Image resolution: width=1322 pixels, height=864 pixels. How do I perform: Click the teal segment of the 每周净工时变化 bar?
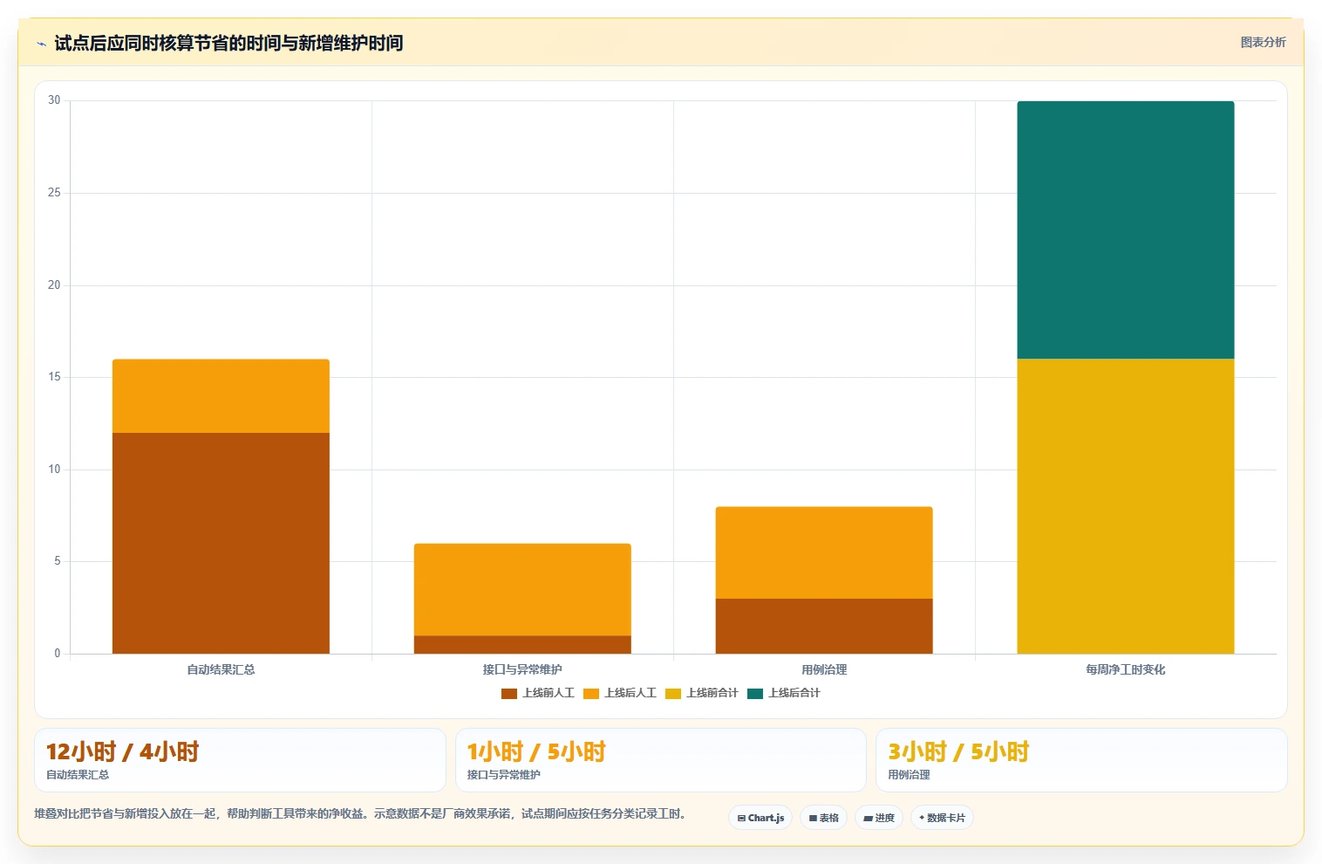1126,230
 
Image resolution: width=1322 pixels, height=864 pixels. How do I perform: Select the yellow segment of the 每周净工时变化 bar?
1126,506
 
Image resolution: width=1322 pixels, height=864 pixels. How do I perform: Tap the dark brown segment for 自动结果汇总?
221,544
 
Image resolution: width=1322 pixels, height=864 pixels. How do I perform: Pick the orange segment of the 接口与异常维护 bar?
522,589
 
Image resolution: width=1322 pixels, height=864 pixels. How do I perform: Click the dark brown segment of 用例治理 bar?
824,626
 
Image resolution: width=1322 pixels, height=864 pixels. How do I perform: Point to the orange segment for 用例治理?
824,552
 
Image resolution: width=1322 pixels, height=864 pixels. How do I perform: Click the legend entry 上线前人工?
538,693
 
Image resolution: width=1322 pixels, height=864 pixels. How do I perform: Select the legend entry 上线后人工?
620,693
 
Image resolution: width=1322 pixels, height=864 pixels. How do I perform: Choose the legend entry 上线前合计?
702,693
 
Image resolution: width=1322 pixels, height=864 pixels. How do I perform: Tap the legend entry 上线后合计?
784,693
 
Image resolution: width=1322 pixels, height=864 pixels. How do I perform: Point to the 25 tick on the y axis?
54,193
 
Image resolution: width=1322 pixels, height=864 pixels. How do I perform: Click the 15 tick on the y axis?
54,377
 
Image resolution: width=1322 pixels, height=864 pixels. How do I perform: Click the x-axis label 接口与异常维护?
522,669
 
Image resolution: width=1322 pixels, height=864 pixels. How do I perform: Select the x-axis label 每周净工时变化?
1126,669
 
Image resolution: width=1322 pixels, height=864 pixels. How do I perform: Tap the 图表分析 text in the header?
1263,43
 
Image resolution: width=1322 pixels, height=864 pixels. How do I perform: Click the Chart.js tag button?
760,818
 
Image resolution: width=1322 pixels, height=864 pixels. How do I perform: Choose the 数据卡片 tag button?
942,818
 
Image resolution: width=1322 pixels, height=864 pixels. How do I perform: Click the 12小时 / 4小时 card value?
123,751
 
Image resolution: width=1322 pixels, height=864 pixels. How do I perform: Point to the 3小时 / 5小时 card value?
958,751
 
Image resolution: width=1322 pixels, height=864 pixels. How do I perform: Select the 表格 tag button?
823,818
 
